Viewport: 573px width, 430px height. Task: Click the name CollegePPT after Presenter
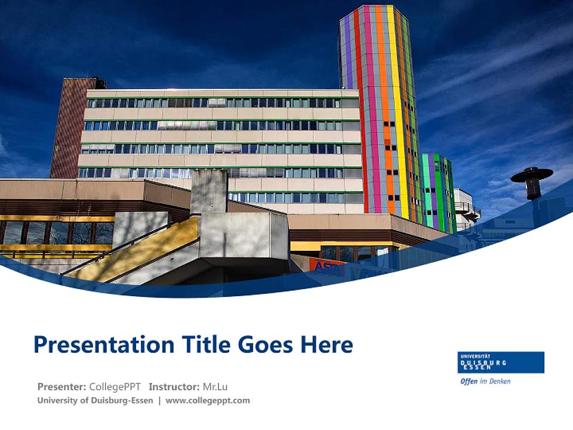coord(115,386)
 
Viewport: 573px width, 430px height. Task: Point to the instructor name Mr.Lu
coord(215,386)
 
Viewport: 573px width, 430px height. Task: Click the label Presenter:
coord(61,386)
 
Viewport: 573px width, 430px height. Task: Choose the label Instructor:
coord(174,386)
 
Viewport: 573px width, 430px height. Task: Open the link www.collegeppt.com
coord(208,401)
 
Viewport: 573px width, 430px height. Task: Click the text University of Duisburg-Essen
coord(95,401)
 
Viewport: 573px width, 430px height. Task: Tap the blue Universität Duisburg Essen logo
coord(501,362)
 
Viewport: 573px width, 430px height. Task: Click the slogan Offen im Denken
coord(485,381)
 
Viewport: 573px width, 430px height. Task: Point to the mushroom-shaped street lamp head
coord(532,175)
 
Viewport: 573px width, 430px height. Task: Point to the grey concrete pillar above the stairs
coord(209,191)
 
